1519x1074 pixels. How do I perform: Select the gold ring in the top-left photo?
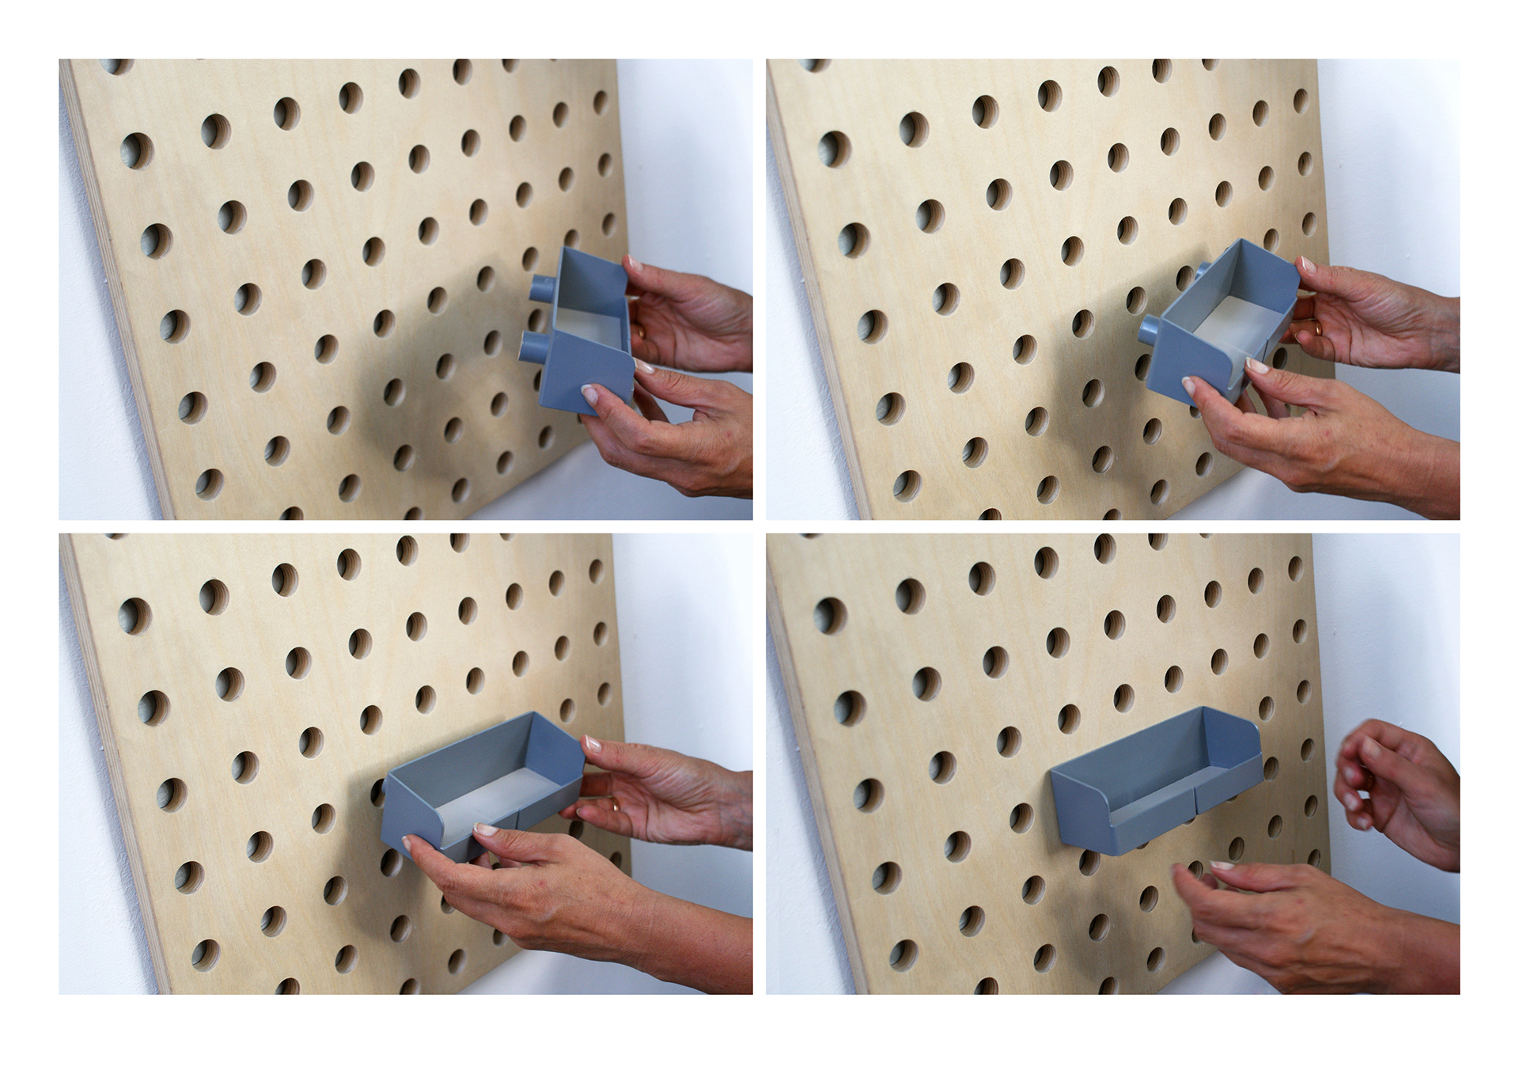[642, 335]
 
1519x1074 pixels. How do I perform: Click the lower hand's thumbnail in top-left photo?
[589, 393]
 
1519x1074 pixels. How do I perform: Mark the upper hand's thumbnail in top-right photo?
[1305, 264]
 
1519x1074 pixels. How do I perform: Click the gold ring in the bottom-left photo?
[615, 805]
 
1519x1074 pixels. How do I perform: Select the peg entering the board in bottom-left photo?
[378, 787]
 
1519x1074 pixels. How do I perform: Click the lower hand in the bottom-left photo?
[554, 886]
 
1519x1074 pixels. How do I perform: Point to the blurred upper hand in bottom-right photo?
[1396, 784]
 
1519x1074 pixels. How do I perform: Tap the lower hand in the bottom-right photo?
[1305, 918]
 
